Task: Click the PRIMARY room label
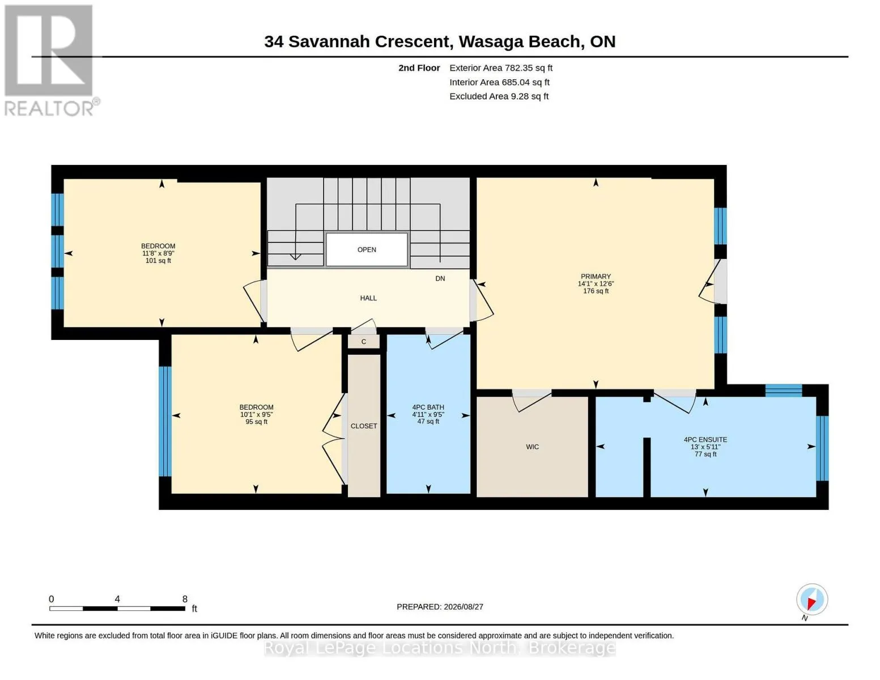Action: click(x=596, y=276)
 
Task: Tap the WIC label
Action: click(x=532, y=447)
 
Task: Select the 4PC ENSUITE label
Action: click(x=705, y=439)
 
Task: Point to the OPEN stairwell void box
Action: click(x=367, y=249)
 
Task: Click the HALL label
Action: click(x=368, y=298)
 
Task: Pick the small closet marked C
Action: click(x=364, y=342)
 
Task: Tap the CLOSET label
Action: click(x=364, y=426)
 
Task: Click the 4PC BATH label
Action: click(x=428, y=407)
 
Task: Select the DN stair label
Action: click(x=440, y=279)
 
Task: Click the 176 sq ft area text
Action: click(x=596, y=291)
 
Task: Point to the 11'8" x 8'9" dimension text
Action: click(x=158, y=253)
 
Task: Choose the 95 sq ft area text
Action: click(x=256, y=422)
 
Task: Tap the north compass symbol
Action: click(x=812, y=600)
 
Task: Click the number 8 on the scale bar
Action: click(x=185, y=599)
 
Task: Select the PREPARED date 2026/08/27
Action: click(x=464, y=607)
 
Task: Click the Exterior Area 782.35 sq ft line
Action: click(x=501, y=68)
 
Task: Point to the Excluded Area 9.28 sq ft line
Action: click(x=499, y=96)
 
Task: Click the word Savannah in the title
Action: click(x=329, y=42)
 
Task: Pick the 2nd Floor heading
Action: click(x=419, y=68)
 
